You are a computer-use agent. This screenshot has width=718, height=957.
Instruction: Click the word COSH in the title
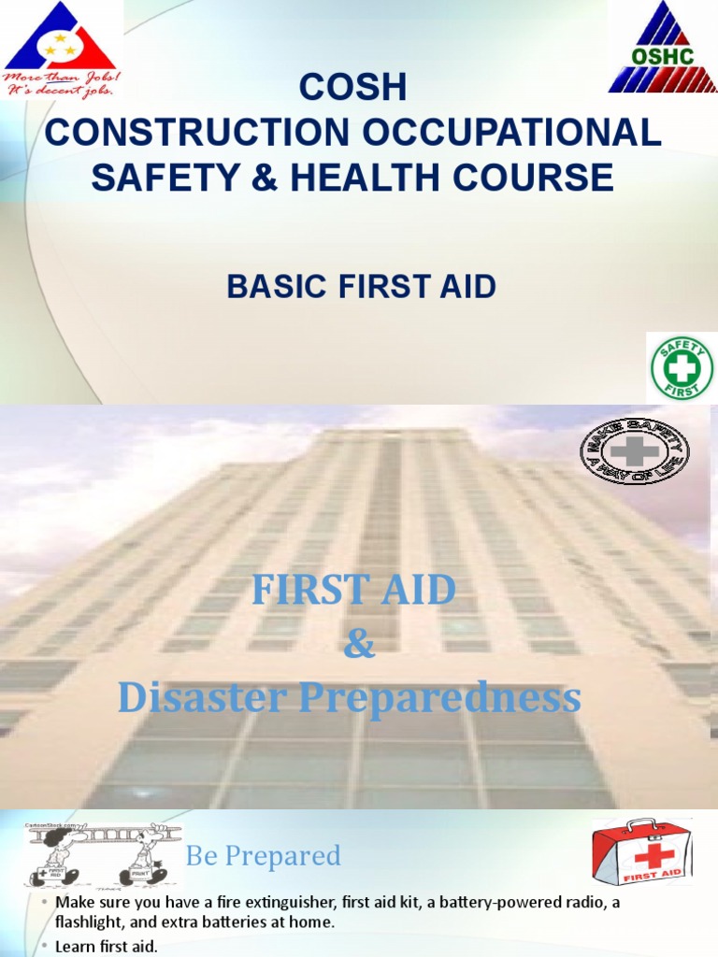point(352,88)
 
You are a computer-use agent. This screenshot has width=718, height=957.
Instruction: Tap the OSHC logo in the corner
point(663,47)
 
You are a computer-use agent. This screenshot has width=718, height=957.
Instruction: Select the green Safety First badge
point(681,368)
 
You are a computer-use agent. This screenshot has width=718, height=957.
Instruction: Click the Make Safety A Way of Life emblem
point(635,451)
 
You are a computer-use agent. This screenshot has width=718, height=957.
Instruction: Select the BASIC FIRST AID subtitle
point(361,287)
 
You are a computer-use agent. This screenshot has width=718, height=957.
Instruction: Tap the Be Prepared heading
point(263,855)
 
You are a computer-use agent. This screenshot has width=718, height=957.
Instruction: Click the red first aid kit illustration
point(643,852)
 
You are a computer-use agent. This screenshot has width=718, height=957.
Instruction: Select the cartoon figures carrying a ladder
point(103,854)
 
